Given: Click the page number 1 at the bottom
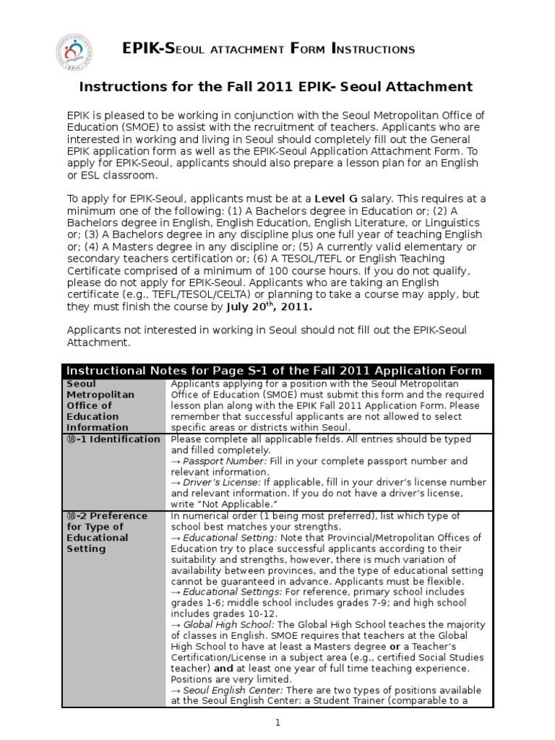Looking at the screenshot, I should tap(277, 722).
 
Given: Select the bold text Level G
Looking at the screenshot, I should tap(337, 199).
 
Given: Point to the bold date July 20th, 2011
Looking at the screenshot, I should tap(272, 306).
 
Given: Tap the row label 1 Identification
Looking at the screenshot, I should tap(113, 439).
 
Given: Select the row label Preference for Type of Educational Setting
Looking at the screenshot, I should tap(107, 532).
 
